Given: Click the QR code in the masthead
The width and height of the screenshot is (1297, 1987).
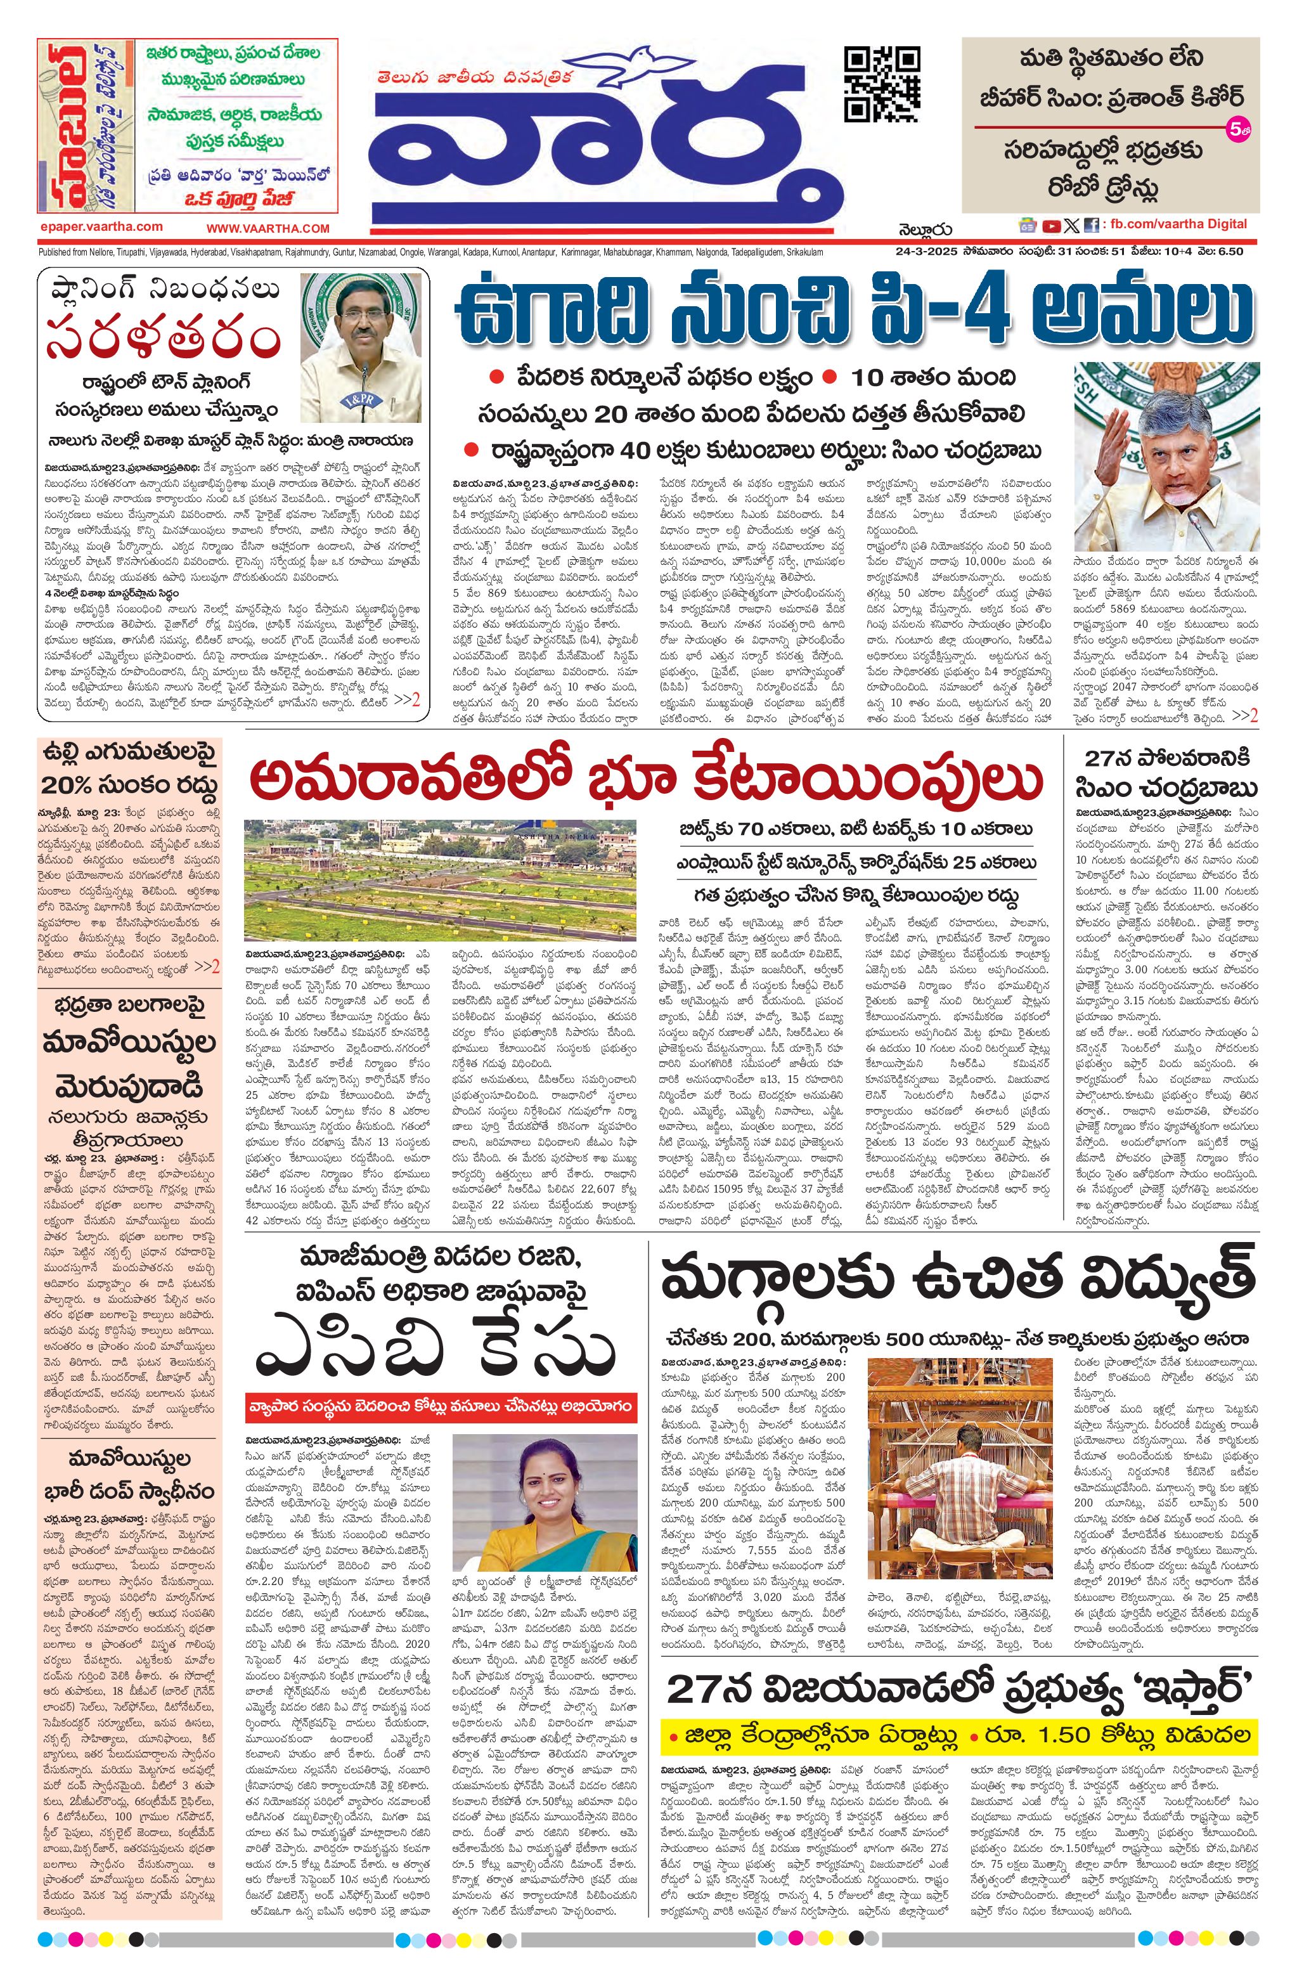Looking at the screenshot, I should pyautogui.click(x=882, y=84).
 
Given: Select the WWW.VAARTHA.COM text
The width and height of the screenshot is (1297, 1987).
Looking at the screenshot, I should pyautogui.click(x=268, y=228).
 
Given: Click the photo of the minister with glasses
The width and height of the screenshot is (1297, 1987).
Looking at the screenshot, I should pyautogui.click(x=361, y=347).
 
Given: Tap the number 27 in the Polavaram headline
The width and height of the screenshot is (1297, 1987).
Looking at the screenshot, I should pyautogui.click(x=1102, y=758).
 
